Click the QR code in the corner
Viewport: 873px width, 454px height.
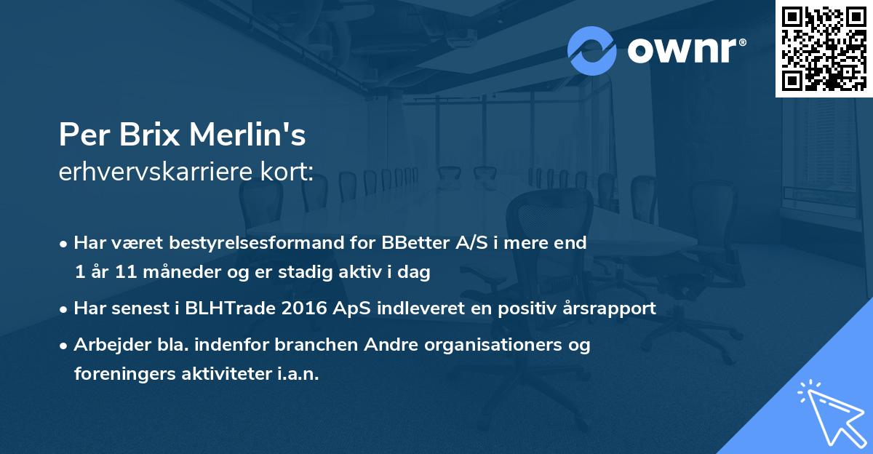coord(824,49)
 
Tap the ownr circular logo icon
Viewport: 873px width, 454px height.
coord(592,51)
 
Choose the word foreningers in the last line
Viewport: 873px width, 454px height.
coord(119,374)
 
